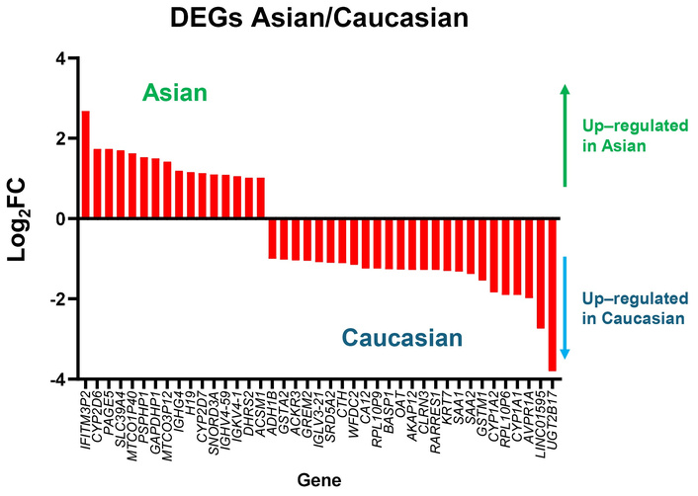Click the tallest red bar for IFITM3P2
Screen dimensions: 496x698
pyautogui.click(x=86, y=164)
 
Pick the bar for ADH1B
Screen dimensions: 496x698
pyautogui.click(x=273, y=238)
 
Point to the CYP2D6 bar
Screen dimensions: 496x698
pyautogui.click(x=98, y=184)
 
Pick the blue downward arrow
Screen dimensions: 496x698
pyautogui.click(x=565, y=307)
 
